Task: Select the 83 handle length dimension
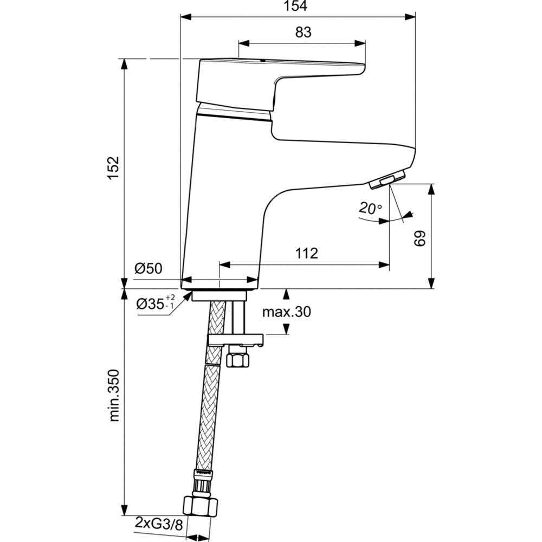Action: tap(304, 33)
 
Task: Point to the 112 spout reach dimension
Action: tap(306, 253)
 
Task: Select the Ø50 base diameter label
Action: tap(149, 268)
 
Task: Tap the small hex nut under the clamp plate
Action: tap(237, 359)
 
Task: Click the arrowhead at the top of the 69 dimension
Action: tap(431, 188)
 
